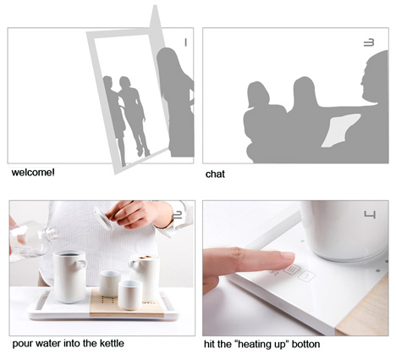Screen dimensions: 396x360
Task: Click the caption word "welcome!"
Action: click(x=33, y=172)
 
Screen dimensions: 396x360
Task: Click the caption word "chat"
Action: click(x=215, y=174)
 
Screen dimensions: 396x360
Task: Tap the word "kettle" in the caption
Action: click(x=112, y=343)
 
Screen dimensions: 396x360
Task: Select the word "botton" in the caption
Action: click(x=305, y=344)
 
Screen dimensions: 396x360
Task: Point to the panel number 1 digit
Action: click(x=185, y=42)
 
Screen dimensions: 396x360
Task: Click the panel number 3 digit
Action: click(x=369, y=42)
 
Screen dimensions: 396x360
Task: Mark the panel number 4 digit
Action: click(x=370, y=215)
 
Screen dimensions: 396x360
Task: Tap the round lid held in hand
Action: click(x=104, y=219)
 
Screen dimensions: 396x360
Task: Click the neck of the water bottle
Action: click(x=52, y=234)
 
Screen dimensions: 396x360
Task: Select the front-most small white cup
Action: click(x=130, y=295)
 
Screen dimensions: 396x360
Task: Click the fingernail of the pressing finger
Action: click(x=287, y=257)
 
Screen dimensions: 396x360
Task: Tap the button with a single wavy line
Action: click(x=306, y=276)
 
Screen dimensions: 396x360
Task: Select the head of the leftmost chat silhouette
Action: click(x=258, y=95)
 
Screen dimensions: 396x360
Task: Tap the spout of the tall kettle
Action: click(x=81, y=263)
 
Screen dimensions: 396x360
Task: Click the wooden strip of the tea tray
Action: click(x=126, y=302)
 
